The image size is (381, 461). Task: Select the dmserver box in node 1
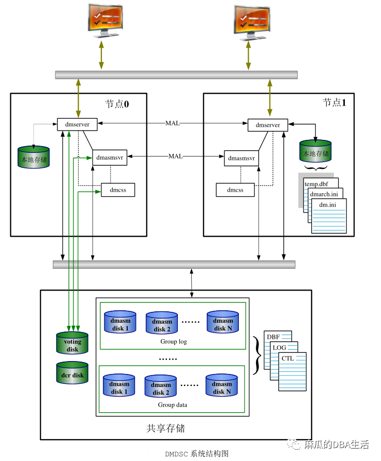267,125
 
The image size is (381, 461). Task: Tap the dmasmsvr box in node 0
110,157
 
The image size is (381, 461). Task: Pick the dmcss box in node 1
235,190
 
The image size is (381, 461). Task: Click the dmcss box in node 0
117,190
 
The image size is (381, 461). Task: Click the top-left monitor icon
105,20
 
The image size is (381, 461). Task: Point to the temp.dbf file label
317,184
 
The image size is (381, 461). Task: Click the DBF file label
273,337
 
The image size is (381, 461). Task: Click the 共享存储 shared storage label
165,428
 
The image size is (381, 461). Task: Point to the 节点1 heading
334,103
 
